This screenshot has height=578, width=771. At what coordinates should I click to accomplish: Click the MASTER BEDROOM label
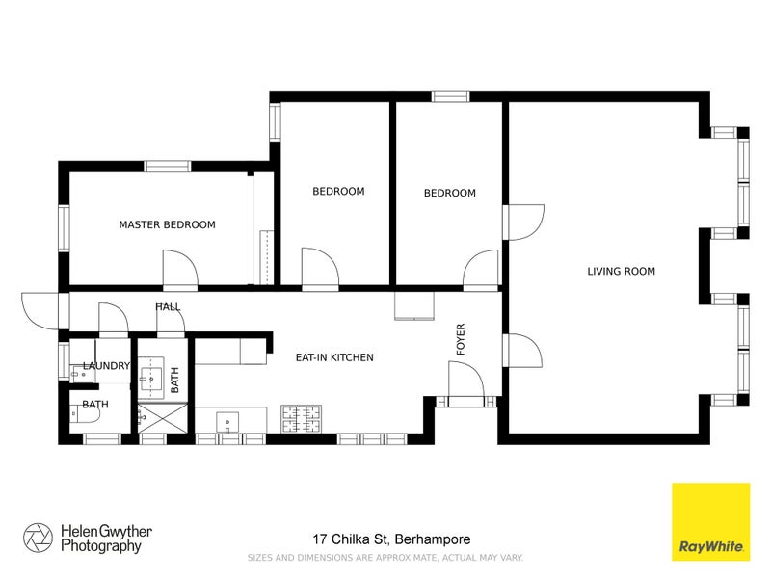(x=167, y=224)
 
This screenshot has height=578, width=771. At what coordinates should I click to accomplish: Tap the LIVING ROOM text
(x=621, y=272)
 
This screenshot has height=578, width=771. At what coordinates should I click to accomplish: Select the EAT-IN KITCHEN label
(x=333, y=357)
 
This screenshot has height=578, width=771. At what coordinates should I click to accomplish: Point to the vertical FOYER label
(x=461, y=339)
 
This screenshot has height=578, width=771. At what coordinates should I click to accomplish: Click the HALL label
(x=168, y=307)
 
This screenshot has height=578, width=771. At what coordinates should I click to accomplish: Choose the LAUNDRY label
(x=105, y=366)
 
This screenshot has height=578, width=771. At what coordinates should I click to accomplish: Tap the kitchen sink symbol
(x=229, y=421)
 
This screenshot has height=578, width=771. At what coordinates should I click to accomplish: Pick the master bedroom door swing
(x=179, y=270)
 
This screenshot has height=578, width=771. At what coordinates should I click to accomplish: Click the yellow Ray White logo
(x=710, y=521)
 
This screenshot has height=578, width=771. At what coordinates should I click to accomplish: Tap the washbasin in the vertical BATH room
(x=153, y=373)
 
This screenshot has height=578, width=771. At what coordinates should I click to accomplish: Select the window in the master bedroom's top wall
(x=168, y=166)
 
